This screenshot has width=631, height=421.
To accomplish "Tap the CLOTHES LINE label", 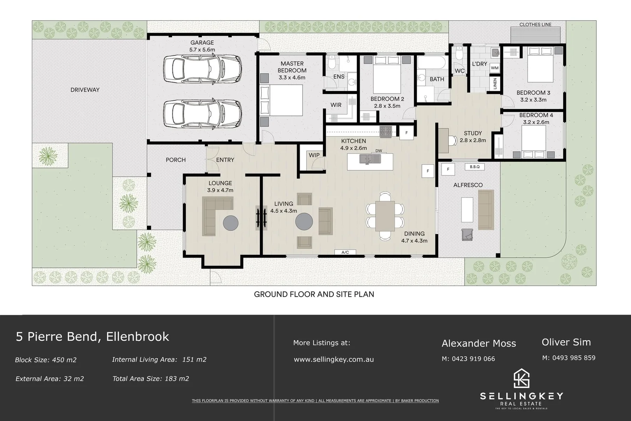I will tap(535, 25).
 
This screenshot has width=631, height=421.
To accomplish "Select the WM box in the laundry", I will tap(494, 68).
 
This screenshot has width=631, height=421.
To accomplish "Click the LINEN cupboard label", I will tap(495, 83).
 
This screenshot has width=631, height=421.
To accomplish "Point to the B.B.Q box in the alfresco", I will tap(474, 167).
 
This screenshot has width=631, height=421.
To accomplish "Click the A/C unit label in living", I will tap(345, 253).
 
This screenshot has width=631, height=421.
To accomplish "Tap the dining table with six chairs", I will tap(385, 216).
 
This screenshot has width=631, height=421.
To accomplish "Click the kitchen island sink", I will tap(370, 159).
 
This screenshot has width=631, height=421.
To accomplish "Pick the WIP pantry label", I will tap(314, 155).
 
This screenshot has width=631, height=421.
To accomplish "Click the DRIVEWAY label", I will tap(85, 90).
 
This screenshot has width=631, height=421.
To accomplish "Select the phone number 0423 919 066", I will tap(468, 359).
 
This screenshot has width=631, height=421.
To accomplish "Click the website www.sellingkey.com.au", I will tap(333, 359).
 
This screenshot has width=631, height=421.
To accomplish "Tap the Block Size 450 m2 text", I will tap(46, 360).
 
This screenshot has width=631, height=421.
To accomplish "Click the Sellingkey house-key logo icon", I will tap(521, 378).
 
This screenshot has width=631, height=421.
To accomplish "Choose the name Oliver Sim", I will tap(566, 342).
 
